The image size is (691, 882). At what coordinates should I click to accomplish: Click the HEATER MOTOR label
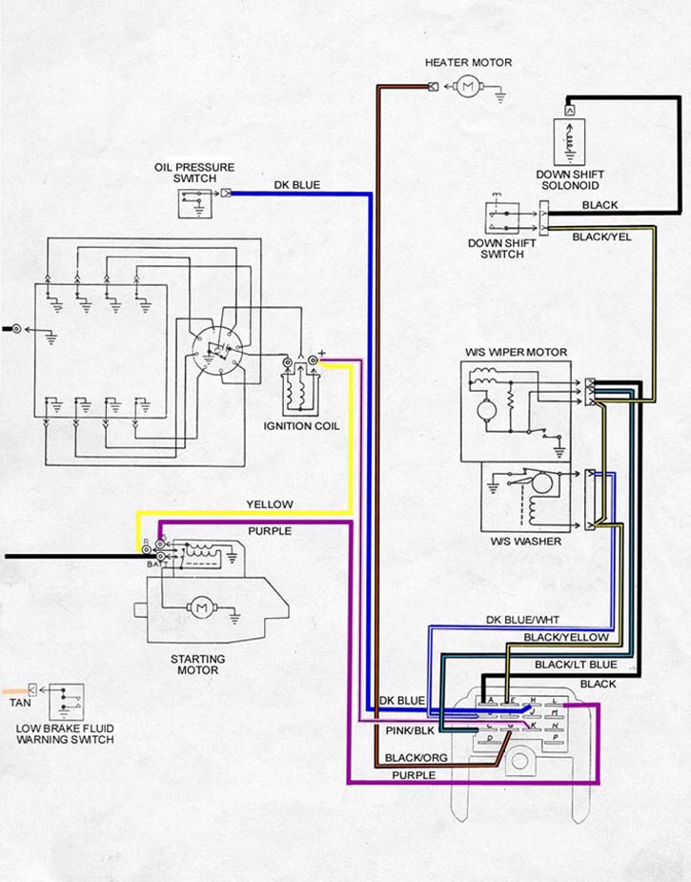point(468,63)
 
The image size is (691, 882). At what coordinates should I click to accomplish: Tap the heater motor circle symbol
point(467,88)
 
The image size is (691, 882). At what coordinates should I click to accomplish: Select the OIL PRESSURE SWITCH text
point(194,173)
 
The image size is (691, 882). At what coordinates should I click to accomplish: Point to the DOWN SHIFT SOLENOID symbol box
point(570,140)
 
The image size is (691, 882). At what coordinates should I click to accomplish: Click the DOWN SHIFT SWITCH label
point(501,249)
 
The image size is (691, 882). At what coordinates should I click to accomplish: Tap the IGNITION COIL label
point(300,425)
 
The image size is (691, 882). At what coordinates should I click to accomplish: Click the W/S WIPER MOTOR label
point(516,353)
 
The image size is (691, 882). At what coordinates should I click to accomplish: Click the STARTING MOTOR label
point(197,665)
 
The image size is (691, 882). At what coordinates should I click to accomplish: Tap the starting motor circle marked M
point(201,605)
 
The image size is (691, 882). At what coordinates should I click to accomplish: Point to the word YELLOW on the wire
point(270,504)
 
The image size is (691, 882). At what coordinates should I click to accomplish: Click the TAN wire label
point(19,703)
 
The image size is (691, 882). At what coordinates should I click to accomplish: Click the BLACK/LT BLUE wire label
point(575,665)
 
